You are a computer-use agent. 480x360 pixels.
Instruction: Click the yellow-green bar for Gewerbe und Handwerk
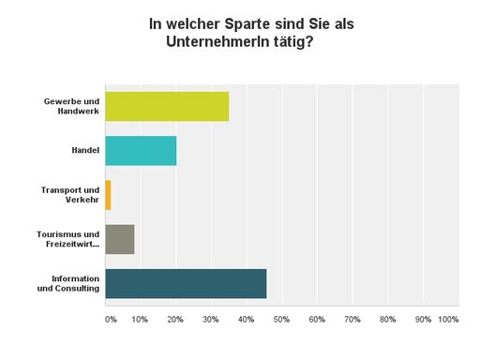click(166, 106)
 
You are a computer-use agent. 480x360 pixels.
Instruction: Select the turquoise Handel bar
click(141, 150)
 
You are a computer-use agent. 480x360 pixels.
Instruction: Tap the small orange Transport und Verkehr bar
click(108, 195)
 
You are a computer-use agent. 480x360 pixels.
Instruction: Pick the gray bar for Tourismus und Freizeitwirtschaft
click(119, 239)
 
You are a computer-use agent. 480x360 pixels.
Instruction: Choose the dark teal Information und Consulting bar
click(186, 283)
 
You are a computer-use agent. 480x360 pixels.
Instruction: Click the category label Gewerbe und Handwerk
click(72, 106)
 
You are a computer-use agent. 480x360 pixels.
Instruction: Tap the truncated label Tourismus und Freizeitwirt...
click(71, 239)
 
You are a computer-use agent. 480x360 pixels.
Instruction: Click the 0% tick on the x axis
click(111, 320)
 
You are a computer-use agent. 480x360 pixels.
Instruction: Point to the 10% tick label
click(140, 320)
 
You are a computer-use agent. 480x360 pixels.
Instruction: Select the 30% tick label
click(211, 320)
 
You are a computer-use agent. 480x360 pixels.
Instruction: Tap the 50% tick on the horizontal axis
click(281, 320)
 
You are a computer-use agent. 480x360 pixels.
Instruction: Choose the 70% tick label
click(352, 320)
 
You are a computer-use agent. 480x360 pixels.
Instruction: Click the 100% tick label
click(448, 320)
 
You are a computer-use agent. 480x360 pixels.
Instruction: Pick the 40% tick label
click(246, 320)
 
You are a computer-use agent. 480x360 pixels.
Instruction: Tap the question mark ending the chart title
click(309, 41)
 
